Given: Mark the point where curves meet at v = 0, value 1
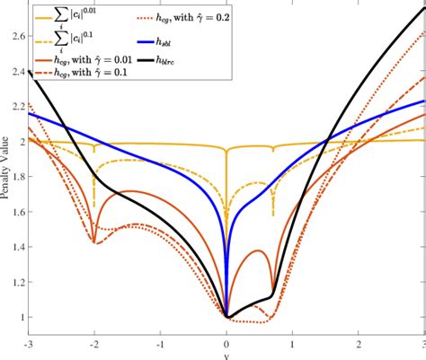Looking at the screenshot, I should [x=226, y=317].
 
